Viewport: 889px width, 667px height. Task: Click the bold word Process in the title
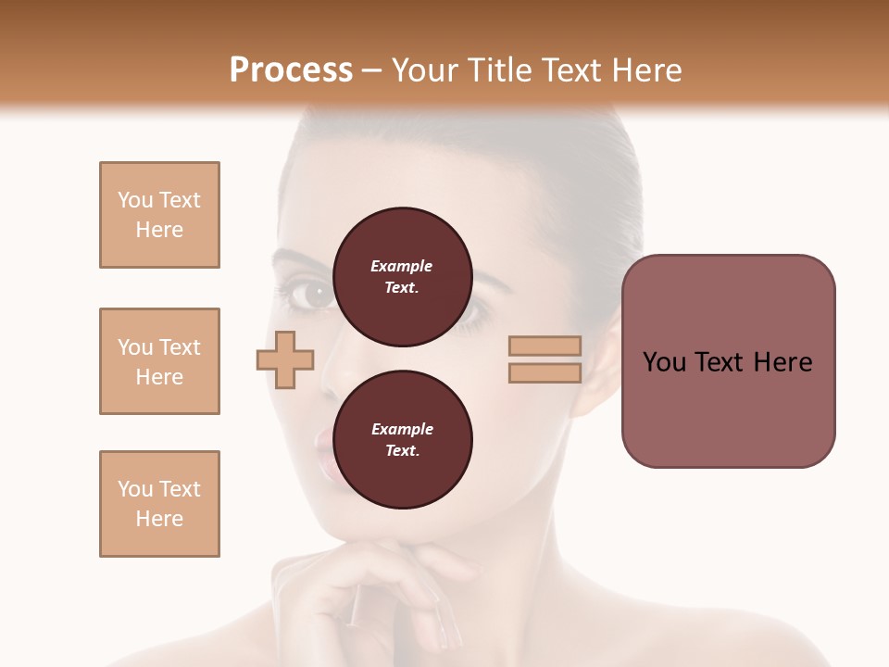point(291,70)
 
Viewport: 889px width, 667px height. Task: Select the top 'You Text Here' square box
point(159,215)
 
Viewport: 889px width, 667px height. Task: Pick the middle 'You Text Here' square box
point(159,361)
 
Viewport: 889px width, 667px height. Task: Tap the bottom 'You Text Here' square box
point(159,504)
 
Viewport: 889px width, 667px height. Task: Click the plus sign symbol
point(285,359)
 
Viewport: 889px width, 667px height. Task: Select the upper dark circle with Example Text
point(402,277)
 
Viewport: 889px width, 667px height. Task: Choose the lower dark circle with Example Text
point(402,440)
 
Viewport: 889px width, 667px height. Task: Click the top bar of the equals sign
point(545,346)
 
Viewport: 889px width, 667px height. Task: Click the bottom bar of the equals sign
point(545,373)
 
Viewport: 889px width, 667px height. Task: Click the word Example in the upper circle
point(402,267)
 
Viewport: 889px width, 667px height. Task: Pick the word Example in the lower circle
point(402,430)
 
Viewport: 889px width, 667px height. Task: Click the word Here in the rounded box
point(783,362)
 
